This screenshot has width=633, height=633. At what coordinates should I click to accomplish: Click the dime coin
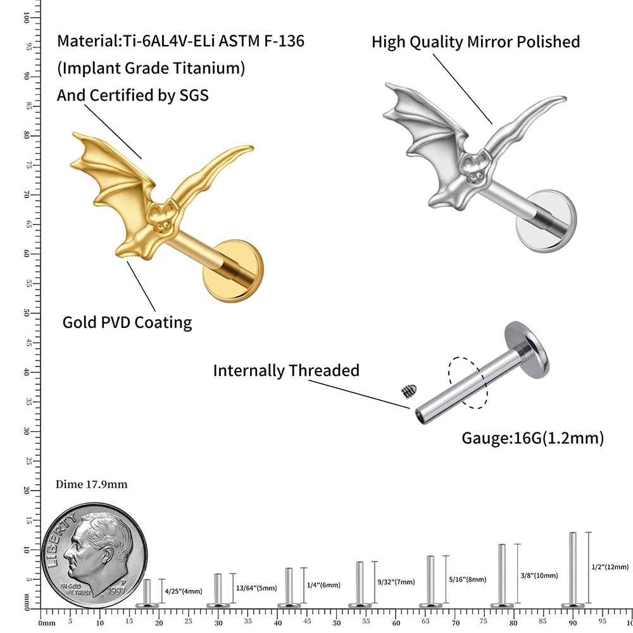tap(94, 551)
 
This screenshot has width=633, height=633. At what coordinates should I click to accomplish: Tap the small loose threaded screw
tap(406, 392)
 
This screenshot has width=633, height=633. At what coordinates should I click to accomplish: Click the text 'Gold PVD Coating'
tap(127, 322)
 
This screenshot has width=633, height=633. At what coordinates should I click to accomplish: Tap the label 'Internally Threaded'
tap(285, 370)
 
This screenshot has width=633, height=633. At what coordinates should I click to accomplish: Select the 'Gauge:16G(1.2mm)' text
tap(532, 437)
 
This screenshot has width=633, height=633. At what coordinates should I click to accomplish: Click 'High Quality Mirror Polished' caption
tap(475, 42)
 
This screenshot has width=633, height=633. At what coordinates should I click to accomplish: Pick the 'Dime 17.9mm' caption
tap(92, 484)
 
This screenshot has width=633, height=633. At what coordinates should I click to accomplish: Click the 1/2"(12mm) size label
tap(610, 567)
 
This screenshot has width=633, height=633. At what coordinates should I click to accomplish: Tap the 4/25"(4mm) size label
tap(184, 591)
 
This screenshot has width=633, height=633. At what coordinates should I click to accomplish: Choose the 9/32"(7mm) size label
tap(396, 582)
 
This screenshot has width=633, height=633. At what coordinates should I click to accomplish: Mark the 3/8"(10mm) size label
tap(539, 575)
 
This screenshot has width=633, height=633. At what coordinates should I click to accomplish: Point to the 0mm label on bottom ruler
tap(47, 623)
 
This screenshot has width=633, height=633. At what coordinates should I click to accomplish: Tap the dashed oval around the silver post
tap(467, 382)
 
